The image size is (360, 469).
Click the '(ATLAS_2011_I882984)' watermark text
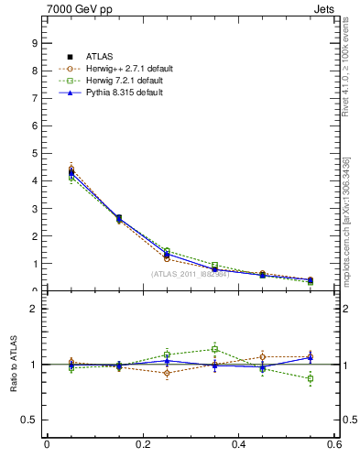coord(190,274)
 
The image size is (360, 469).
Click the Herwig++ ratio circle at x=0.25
coord(167,373)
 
